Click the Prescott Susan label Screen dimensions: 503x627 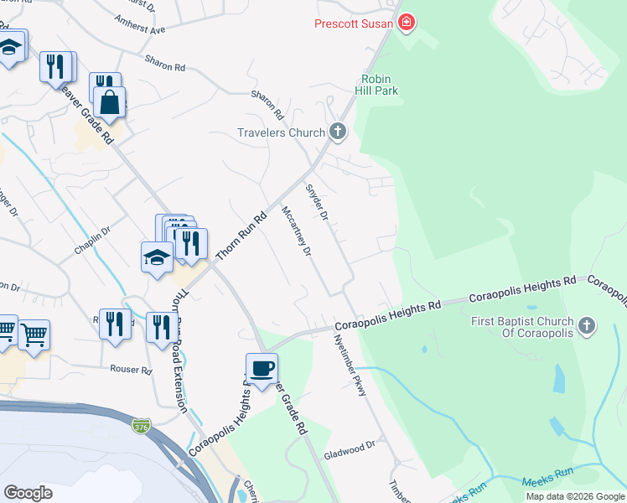[353, 23]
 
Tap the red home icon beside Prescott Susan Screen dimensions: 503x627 [407, 23]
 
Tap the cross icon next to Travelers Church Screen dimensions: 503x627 [338, 131]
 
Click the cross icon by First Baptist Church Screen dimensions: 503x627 [587, 325]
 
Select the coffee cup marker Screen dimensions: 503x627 [262, 369]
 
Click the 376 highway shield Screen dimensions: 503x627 [142, 428]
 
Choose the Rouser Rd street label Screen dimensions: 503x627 [131, 369]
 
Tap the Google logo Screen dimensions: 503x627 [28, 493]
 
